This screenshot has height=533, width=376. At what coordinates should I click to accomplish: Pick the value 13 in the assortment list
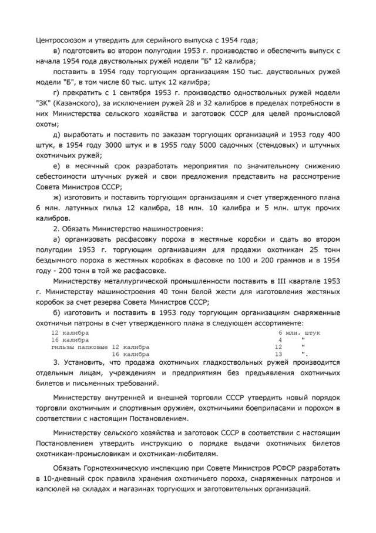279,355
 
